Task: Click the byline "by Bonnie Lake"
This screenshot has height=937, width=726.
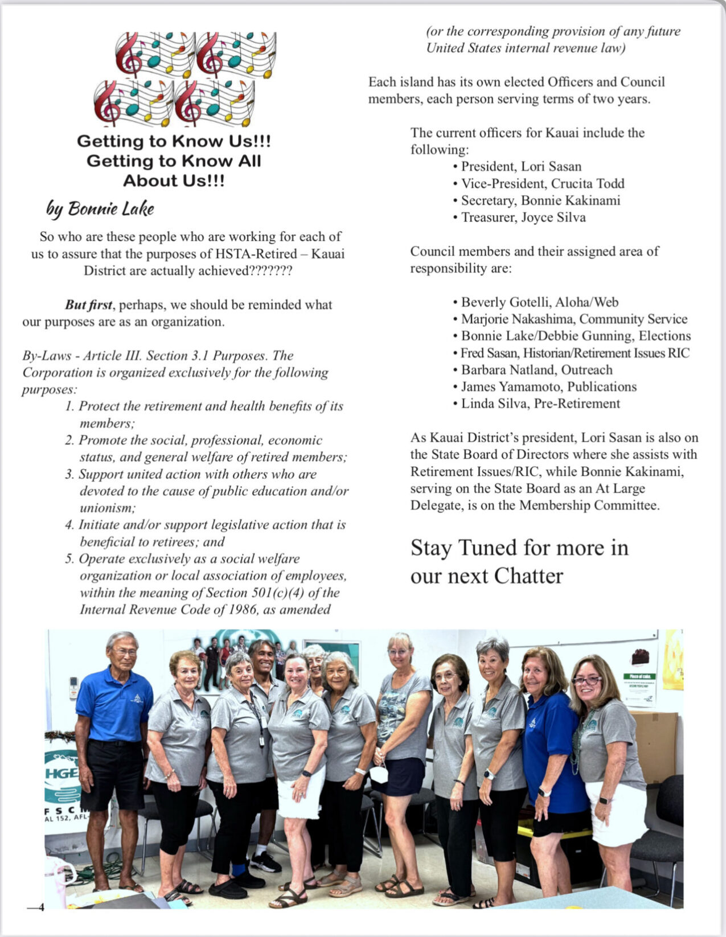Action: click(x=100, y=209)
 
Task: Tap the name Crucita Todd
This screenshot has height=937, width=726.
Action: click(x=588, y=184)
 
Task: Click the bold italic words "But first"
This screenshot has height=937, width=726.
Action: click(x=88, y=305)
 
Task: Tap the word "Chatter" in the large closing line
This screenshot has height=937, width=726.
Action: click(x=528, y=576)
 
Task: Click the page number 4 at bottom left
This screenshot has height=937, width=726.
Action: click(x=40, y=907)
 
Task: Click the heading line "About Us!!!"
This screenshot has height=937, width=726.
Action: click(x=174, y=181)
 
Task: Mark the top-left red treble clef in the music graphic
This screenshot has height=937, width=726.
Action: click(x=129, y=54)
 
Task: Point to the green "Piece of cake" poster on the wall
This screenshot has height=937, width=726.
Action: click(x=639, y=689)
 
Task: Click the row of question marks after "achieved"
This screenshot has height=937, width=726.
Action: click(x=270, y=271)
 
